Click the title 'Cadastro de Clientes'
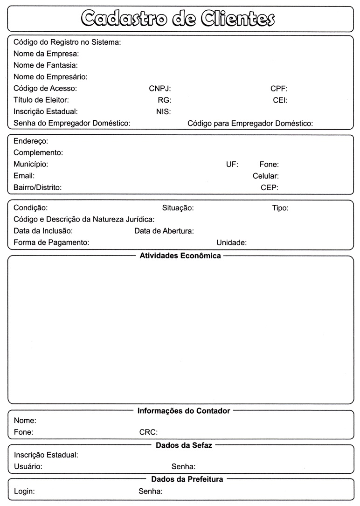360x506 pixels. (x=178, y=18)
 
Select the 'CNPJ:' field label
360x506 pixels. (x=160, y=88)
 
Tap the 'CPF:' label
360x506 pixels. (x=279, y=88)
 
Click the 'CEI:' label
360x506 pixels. (x=280, y=100)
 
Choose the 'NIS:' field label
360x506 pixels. (x=163, y=111)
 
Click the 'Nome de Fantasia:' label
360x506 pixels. (x=46, y=65)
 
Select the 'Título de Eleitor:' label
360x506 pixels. (x=41, y=100)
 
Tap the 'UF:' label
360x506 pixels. (x=232, y=164)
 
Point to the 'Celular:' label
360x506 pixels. (x=266, y=176)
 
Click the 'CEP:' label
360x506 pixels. (x=270, y=187)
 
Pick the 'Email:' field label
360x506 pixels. (x=24, y=176)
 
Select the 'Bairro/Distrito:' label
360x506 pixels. (x=38, y=187)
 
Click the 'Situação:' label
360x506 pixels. (x=178, y=208)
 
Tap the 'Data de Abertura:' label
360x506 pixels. (x=164, y=231)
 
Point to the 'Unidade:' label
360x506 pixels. (x=231, y=243)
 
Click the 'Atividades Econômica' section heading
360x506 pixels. (x=180, y=256)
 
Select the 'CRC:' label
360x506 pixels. (x=148, y=432)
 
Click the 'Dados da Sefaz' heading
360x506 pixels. (x=184, y=445)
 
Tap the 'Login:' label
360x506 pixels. (x=24, y=491)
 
